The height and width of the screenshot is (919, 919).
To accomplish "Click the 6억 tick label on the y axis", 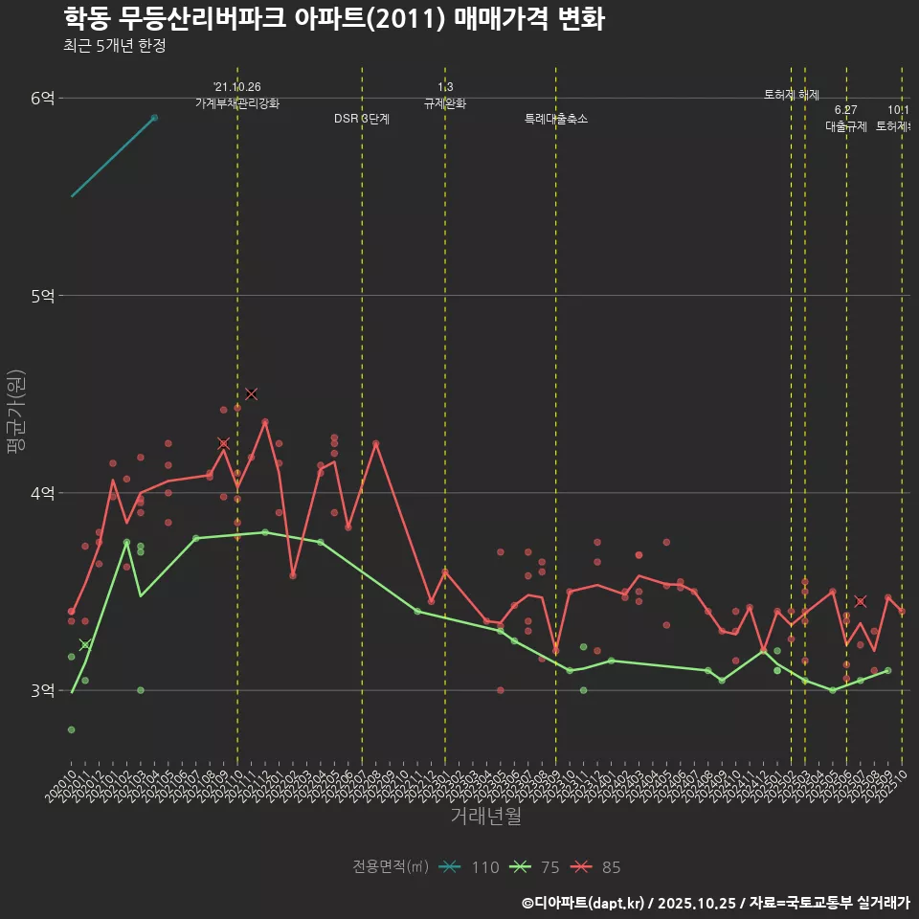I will [43, 98].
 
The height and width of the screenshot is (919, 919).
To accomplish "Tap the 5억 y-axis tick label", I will [43, 296].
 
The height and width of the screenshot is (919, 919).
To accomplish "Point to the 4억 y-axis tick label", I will [43, 493].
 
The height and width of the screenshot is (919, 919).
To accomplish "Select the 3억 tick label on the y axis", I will [43, 690].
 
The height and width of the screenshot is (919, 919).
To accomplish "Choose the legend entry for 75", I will [535, 867].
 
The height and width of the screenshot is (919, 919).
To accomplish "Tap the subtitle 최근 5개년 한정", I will [115, 46].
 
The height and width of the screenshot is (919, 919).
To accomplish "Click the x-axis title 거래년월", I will [486, 817].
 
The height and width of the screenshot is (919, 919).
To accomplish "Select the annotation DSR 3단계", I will [362, 120].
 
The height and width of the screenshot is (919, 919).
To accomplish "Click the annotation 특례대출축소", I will [556, 120].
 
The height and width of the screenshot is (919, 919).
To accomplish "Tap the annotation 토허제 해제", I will [792, 95].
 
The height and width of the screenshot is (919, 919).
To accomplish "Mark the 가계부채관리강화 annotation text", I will [237, 103].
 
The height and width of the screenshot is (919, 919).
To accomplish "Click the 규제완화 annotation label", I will [445, 103].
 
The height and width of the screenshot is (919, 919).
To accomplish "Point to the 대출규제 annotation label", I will [846, 126].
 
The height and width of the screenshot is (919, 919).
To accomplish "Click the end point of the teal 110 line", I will [154, 118].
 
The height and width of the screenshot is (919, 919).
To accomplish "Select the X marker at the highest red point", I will [252, 393].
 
